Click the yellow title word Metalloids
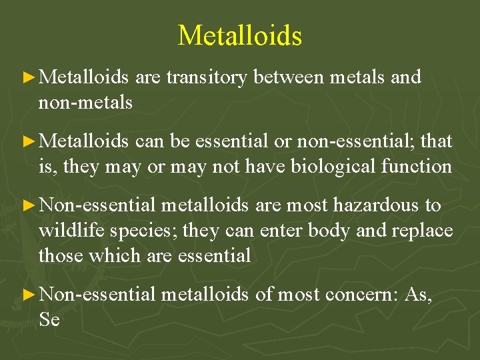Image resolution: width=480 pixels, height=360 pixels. (x=240, y=35)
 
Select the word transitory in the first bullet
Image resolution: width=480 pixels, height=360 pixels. (x=207, y=77)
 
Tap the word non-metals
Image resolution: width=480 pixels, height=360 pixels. (x=85, y=102)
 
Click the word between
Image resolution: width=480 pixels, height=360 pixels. (x=286, y=77)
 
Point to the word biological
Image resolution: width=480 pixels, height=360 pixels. (x=336, y=166)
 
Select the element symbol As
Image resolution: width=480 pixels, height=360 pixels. (x=418, y=295)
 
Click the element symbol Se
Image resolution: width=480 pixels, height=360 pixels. (x=49, y=320)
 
